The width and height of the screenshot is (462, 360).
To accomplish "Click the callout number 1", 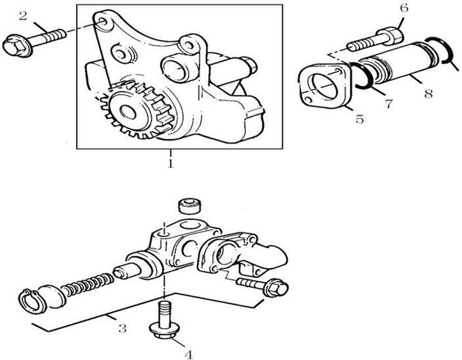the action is point(170,163).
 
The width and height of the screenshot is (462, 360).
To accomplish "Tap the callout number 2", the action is point(23,16).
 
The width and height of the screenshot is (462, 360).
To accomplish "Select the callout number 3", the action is point(122,328).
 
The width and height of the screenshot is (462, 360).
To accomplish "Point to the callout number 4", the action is point(189,355).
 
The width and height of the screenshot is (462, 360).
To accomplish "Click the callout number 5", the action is point(359,119).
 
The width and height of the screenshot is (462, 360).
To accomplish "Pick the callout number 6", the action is point(404,8).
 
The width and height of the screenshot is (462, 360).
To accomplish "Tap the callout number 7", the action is point(389,103).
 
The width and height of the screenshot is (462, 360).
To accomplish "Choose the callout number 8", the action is point(428,94).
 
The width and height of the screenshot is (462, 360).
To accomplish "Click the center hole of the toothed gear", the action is point(128,112).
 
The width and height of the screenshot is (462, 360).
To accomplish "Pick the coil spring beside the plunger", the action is point(88,285).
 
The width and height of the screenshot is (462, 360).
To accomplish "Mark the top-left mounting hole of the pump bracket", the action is point(103,21).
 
